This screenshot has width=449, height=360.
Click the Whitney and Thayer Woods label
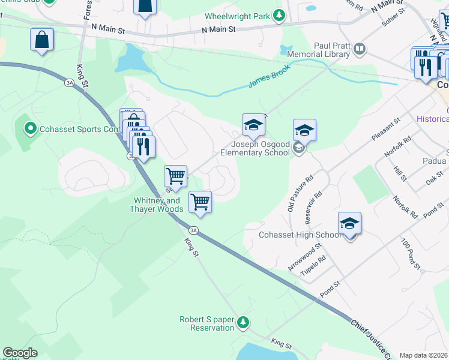(x=155, y=205)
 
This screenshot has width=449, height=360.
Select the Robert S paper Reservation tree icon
(x=243, y=322)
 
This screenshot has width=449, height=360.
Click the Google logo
(x=20, y=353)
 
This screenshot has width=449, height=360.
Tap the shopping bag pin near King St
(x=42, y=40)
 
